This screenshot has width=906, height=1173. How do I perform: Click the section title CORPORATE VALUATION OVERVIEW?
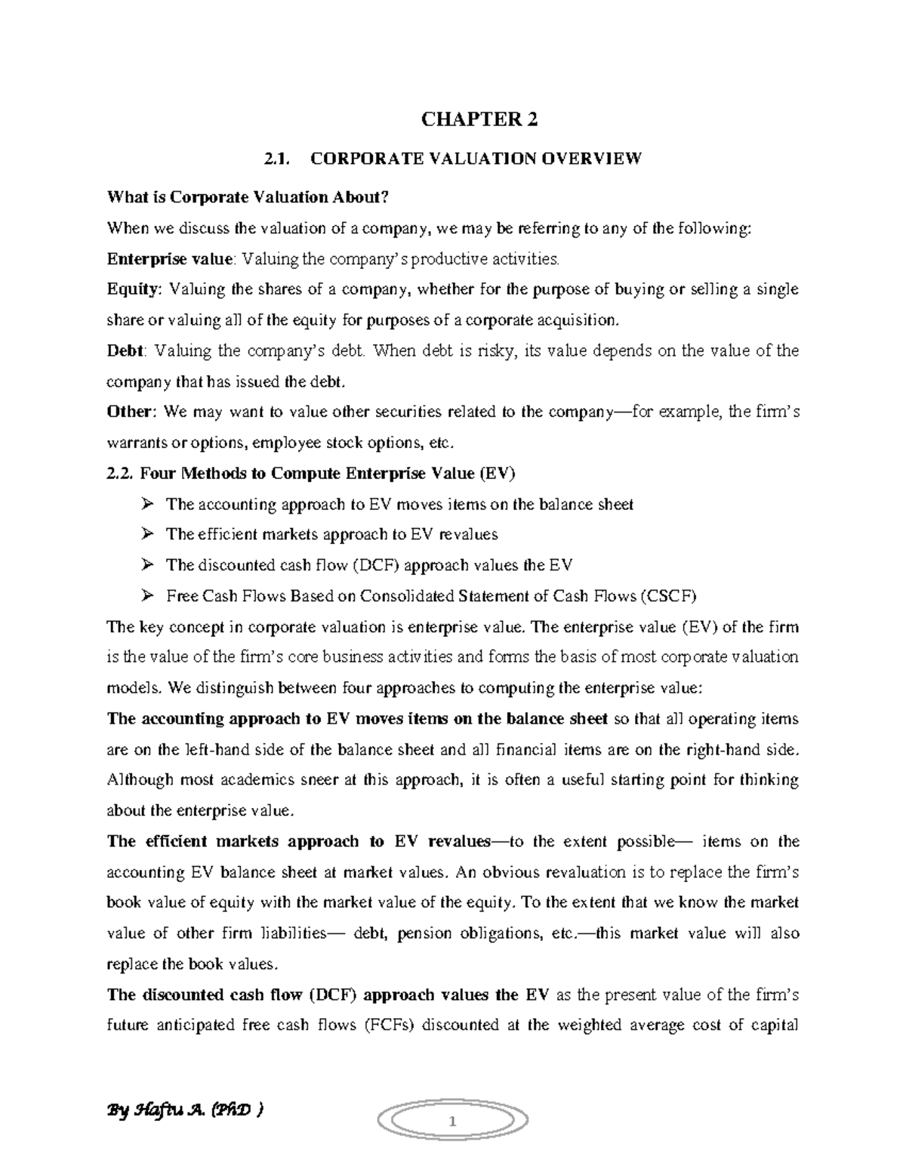(476, 159)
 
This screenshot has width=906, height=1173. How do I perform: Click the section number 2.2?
(120, 474)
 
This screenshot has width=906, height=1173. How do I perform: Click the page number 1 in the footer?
(453, 1122)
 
